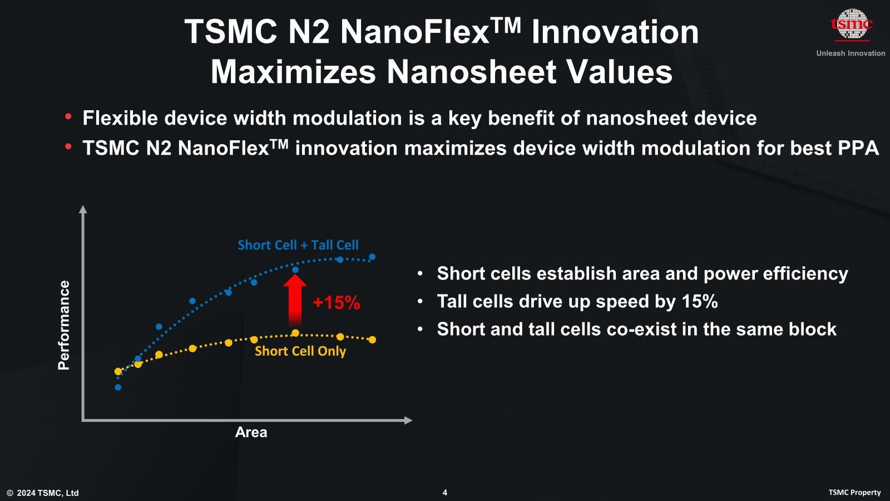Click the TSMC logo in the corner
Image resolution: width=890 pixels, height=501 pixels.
pyautogui.click(x=852, y=24)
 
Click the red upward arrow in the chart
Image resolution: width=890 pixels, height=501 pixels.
pyautogui.click(x=295, y=300)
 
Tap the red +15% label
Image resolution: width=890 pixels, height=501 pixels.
pyautogui.click(x=337, y=303)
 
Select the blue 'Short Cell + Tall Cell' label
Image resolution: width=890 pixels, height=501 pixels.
pyautogui.click(x=298, y=245)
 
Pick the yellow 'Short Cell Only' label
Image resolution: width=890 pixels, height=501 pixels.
pyautogui.click(x=300, y=351)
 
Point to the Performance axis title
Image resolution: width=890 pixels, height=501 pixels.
pyautogui.click(x=64, y=325)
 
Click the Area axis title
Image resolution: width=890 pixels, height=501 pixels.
pyautogui.click(x=251, y=432)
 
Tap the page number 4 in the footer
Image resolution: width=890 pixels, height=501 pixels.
pyautogui.click(x=445, y=493)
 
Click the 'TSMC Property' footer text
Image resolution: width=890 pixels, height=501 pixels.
pyautogui.click(x=854, y=493)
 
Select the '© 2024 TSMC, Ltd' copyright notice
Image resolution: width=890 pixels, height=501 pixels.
pyautogui.click(x=43, y=493)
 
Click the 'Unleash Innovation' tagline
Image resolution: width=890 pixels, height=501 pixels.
pyautogui.click(x=851, y=53)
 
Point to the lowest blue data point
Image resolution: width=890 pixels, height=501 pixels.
pyautogui.click(x=118, y=387)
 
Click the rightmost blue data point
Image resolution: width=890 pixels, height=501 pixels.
pyautogui.click(x=372, y=257)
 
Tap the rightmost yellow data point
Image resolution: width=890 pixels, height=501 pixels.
pyautogui.click(x=372, y=340)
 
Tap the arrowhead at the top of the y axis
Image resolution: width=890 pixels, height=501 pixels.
pyautogui.click(x=83, y=209)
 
